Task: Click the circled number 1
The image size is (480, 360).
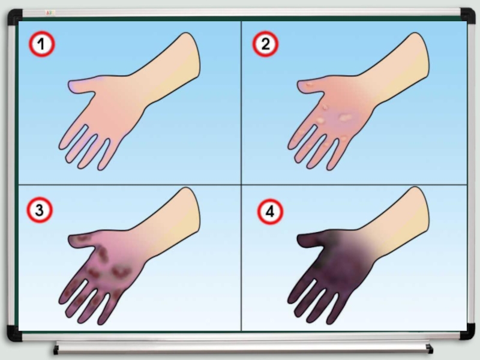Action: (42, 44)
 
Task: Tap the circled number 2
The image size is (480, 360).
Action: (265, 44)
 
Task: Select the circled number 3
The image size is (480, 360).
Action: (40, 210)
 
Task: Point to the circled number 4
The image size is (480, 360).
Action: (270, 212)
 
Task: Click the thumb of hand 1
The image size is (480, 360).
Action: (81, 85)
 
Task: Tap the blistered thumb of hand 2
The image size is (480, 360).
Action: (310, 85)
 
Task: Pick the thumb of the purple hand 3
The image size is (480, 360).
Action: (81, 241)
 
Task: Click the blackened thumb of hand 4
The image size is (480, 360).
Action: (310, 241)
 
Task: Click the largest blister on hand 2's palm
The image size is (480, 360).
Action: (346, 117)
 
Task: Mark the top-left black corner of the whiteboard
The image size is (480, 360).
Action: (14, 17)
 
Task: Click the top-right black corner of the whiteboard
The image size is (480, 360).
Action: (467, 16)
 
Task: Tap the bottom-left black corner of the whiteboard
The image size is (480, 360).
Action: (14, 334)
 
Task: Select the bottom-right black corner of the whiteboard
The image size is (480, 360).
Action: (467, 332)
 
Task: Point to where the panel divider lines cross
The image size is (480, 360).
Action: (241, 185)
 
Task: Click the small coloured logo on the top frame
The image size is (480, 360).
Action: (50, 13)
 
